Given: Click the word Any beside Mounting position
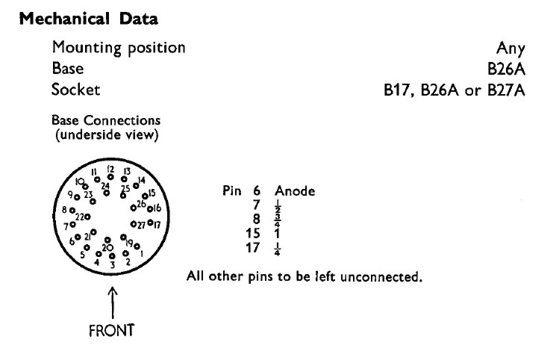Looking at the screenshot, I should [510, 49].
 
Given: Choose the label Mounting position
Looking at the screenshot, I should [119, 49].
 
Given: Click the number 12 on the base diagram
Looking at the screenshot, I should [110, 169].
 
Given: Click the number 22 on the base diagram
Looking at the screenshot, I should [79, 217].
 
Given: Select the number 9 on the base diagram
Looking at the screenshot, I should [69, 195].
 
